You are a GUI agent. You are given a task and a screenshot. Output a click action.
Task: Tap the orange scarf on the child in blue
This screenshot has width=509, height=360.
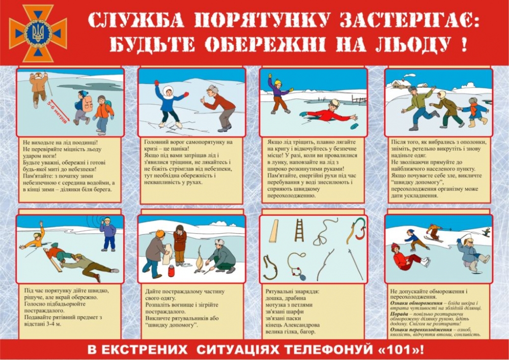pyautogui.click(x=474, y=108)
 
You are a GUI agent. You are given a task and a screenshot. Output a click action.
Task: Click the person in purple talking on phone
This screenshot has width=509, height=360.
pyautogui.click(x=108, y=234)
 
